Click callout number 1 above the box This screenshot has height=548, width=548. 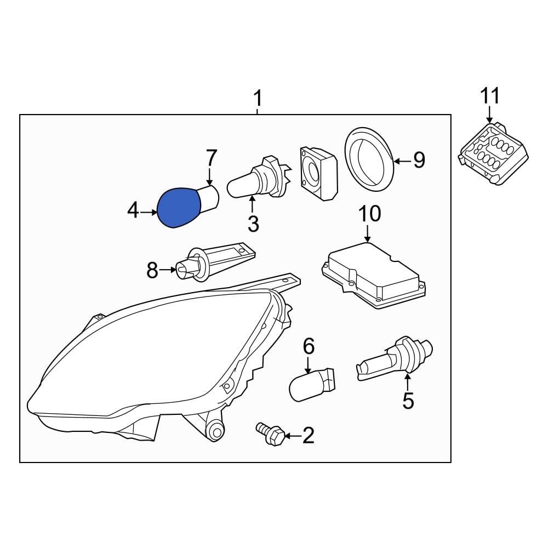257,100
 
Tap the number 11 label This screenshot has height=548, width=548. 490,96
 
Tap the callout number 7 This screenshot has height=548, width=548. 211,159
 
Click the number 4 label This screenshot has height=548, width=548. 133,211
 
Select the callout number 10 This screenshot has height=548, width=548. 369,214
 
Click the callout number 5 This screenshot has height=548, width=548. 408,401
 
